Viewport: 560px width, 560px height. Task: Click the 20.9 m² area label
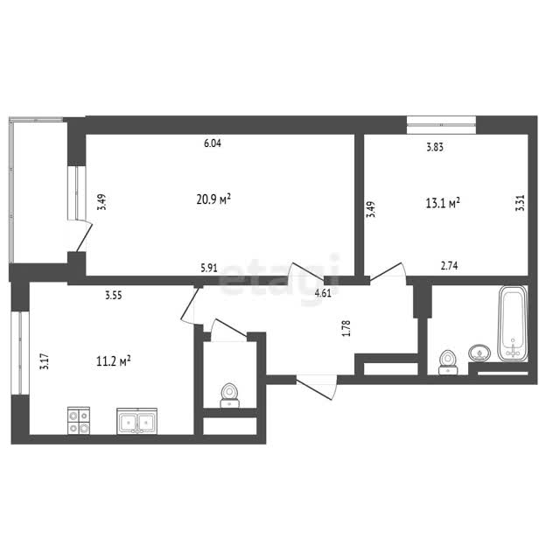(x=213, y=199)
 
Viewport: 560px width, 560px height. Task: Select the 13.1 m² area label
(x=443, y=203)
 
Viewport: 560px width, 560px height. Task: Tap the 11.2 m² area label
(x=113, y=361)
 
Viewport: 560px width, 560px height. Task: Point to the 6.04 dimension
(x=213, y=143)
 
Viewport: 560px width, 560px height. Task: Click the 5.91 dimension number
(x=209, y=268)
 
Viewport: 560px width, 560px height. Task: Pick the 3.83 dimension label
(x=435, y=147)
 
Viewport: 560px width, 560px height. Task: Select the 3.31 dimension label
(x=521, y=203)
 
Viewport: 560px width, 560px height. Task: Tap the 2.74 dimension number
(x=449, y=266)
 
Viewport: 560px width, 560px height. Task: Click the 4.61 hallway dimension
(x=323, y=294)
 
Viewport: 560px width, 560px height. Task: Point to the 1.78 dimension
(x=346, y=328)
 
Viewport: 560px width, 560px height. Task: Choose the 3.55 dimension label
(x=114, y=296)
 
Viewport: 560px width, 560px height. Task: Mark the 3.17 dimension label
(x=45, y=361)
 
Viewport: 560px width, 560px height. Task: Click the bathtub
(x=513, y=323)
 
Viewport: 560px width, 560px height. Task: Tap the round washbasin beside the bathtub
(x=479, y=353)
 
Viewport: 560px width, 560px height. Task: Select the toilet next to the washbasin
(x=448, y=362)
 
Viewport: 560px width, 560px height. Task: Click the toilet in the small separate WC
(x=229, y=395)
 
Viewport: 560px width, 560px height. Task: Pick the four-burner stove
(x=79, y=421)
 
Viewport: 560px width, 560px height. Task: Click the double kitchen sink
(x=136, y=422)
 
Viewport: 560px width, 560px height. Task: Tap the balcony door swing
(x=83, y=235)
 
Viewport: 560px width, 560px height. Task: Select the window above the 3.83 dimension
(x=441, y=125)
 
